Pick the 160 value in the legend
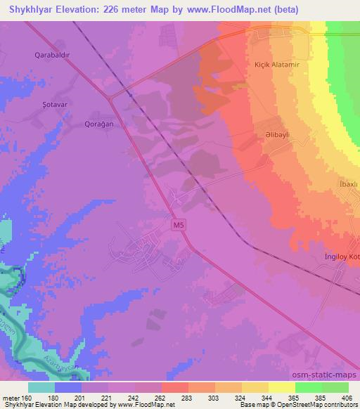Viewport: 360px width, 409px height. [30, 398]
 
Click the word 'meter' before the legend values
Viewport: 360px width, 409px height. [11, 398]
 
